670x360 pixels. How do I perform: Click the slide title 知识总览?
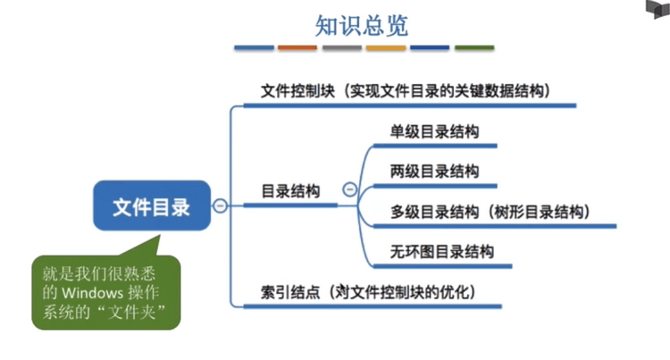click(x=362, y=26)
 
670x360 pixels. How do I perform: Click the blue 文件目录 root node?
click(x=152, y=205)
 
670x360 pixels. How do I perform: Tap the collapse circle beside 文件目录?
click(x=220, y=205)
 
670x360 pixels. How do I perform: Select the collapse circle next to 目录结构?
click(x=350, y=189)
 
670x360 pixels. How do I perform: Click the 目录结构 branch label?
click(x=290, y=191)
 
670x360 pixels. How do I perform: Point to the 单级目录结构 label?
click(x=434, y=131)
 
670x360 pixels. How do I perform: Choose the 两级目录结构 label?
click(x=434, y=172)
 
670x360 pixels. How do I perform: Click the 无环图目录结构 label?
click(x=442, y=252)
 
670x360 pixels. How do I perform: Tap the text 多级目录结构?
click(x=434, y=212)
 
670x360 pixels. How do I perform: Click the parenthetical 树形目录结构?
click(x=539, y=212)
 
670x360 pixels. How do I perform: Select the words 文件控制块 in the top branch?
click(x=297, y=91)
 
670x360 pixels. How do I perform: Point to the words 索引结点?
click(x=290, y=292)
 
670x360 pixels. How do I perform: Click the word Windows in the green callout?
click(x=92, y=293)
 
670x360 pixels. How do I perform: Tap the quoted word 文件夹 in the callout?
click(x=131, y=312)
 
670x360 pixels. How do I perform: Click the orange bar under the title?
click(x=297, y=48)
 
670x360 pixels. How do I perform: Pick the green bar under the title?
click(x=474, y=48)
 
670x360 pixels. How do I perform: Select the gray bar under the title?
click(x=342, y=48)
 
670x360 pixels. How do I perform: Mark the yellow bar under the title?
click(x=386, y=48)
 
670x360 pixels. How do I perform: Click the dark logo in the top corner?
click(x=658, y=9)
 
